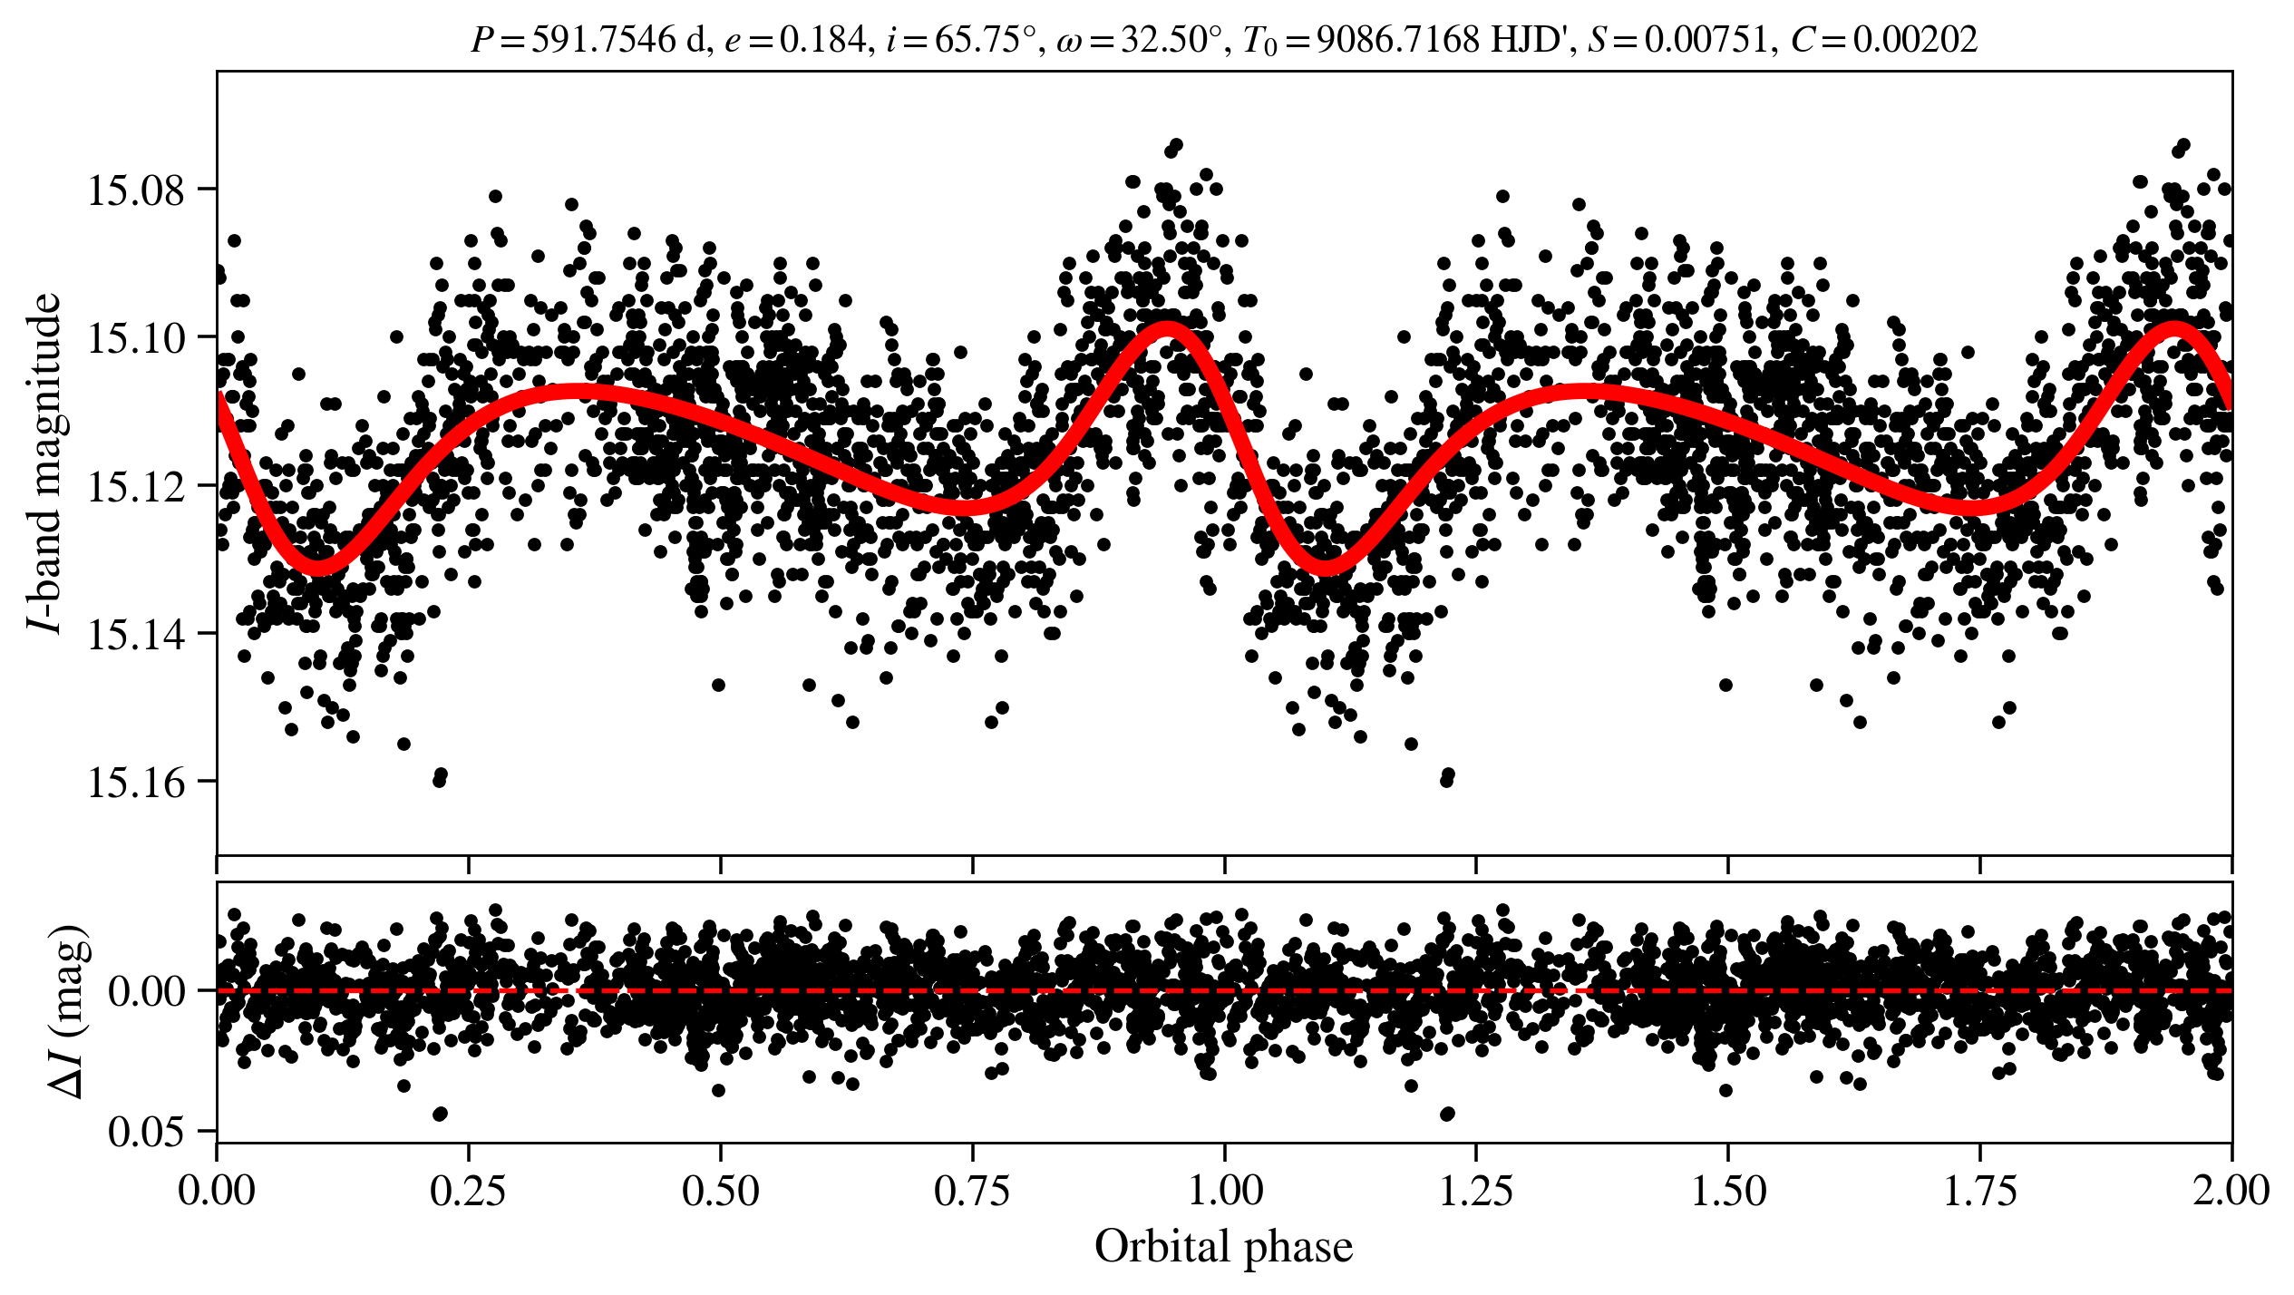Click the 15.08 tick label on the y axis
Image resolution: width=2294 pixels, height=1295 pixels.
point(135,191)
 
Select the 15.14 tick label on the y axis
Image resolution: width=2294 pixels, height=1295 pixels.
point(135,635)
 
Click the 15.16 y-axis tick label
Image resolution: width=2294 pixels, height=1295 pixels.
point(135,783)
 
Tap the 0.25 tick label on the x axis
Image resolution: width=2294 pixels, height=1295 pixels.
point(469,1191)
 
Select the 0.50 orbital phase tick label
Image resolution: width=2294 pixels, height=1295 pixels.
point(721,1191)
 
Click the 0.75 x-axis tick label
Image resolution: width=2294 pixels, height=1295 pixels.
point(973,1191)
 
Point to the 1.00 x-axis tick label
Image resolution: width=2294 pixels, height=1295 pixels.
point(1225,1191)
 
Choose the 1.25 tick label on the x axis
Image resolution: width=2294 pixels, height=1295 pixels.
point(1476,1191)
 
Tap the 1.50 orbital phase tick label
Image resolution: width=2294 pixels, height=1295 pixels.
point(1728,1191)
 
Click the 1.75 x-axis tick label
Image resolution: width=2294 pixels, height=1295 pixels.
point(1980,1191)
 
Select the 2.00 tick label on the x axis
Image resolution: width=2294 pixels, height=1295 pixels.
point(2231,1191)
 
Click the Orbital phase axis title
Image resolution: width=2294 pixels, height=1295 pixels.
point(1224,1247)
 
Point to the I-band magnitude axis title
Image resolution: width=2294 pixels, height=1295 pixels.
point(45,462)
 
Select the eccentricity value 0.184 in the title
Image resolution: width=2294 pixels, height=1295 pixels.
point(822,40)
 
